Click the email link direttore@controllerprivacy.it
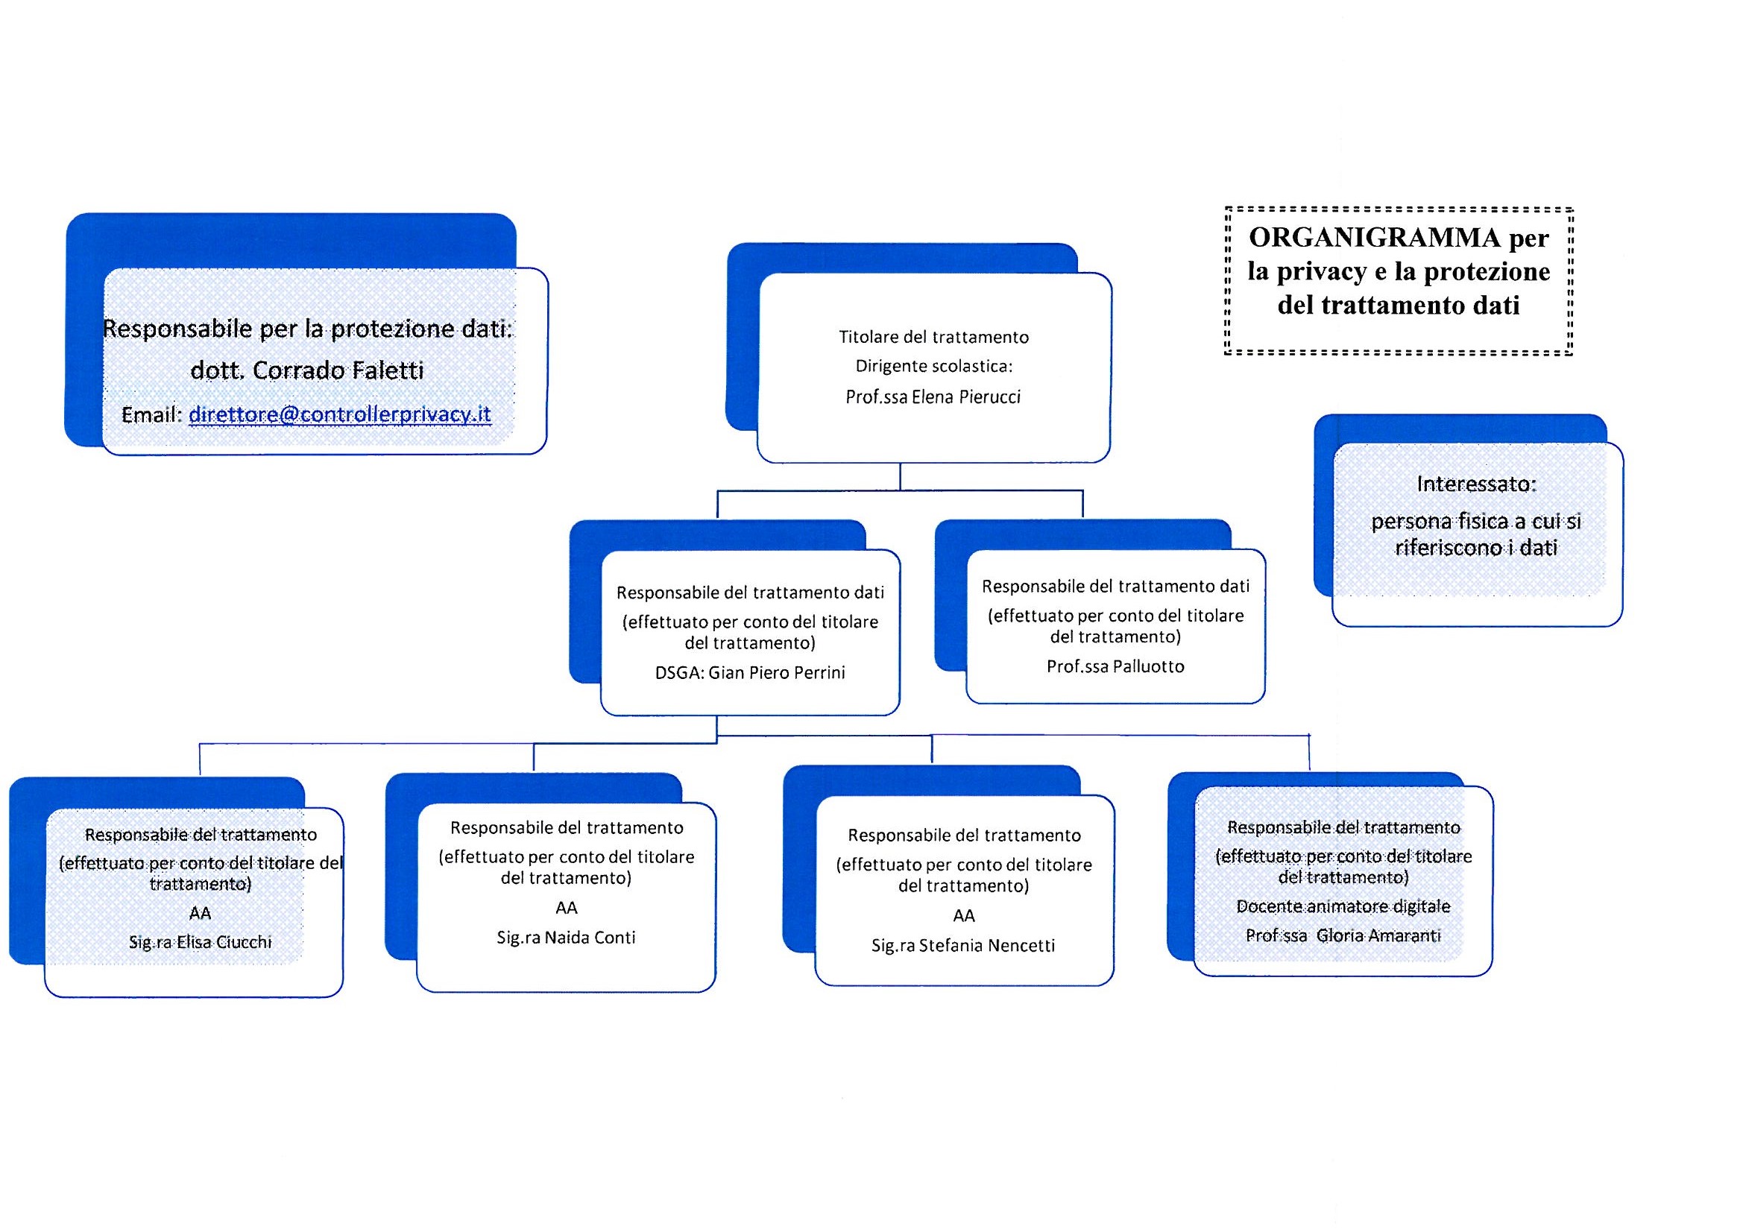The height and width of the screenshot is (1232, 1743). (339, 414)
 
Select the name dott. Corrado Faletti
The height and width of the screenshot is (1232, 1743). (306, 370)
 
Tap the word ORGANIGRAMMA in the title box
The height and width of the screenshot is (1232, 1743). (1374, 238)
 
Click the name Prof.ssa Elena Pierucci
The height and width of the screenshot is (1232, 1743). (933, 397)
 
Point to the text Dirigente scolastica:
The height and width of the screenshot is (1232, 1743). (933, 367)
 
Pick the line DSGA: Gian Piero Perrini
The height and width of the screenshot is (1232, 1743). (750, 672)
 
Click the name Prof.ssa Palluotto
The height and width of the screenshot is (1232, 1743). (1115, 666)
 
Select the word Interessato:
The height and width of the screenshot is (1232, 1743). (1476, 484)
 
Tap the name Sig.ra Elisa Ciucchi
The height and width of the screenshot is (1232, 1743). (201, 942)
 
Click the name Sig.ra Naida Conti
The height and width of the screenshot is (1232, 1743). (567, 938)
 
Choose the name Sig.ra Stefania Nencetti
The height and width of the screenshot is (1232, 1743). (963, 946)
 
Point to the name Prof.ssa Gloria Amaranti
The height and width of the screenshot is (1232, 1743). (1343, 936)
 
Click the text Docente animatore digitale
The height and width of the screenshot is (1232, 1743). (1343, 906)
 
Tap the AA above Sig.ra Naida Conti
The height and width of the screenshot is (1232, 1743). (567, 908)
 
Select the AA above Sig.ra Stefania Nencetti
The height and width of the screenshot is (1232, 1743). (963, 916)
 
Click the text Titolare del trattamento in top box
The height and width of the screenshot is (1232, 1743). (933, 337)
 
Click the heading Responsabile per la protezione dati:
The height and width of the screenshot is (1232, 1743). (307, 329)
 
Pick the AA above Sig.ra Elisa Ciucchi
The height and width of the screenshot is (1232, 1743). (201, 913)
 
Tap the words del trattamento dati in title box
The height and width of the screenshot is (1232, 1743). (1399, 305)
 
